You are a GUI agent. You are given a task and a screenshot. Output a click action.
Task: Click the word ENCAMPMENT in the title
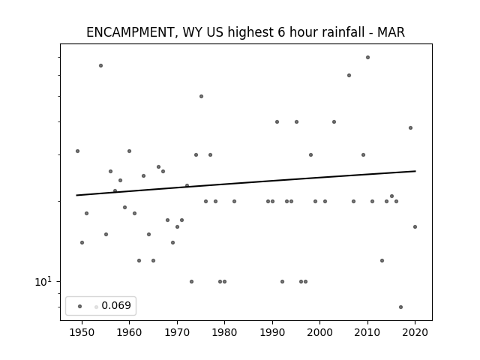point(130,32)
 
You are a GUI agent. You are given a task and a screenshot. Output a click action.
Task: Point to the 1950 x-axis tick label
point(82,332)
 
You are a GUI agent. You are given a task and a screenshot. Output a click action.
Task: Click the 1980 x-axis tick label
point(224,332)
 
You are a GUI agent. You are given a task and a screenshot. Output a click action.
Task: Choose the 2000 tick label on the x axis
point(319,332)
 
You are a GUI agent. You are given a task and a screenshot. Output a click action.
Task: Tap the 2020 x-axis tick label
point(415,332)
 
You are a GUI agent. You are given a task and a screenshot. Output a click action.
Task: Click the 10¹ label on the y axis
point(43,281)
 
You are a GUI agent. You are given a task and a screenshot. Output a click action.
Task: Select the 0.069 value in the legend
point(116,305)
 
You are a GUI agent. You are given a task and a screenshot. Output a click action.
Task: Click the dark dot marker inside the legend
point(80,306)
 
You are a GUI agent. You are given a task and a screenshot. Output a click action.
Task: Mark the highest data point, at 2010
point(367,57)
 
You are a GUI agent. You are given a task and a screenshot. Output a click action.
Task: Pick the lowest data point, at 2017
point(400,307)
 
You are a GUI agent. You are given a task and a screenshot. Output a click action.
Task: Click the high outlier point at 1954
point(100,65)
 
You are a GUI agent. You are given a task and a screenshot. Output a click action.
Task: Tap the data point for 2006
point(349,75)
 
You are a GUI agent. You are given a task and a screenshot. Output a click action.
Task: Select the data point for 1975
point(201,97)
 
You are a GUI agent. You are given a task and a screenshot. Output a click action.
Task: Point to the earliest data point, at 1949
point(77,151)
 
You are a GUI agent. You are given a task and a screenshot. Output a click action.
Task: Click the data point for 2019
point(410,128)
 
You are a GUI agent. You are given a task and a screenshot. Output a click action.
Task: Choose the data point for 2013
point(382,260)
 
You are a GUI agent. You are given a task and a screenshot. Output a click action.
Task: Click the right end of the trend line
point(415,171)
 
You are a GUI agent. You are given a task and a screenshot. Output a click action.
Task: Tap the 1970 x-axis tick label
point(177,332)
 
